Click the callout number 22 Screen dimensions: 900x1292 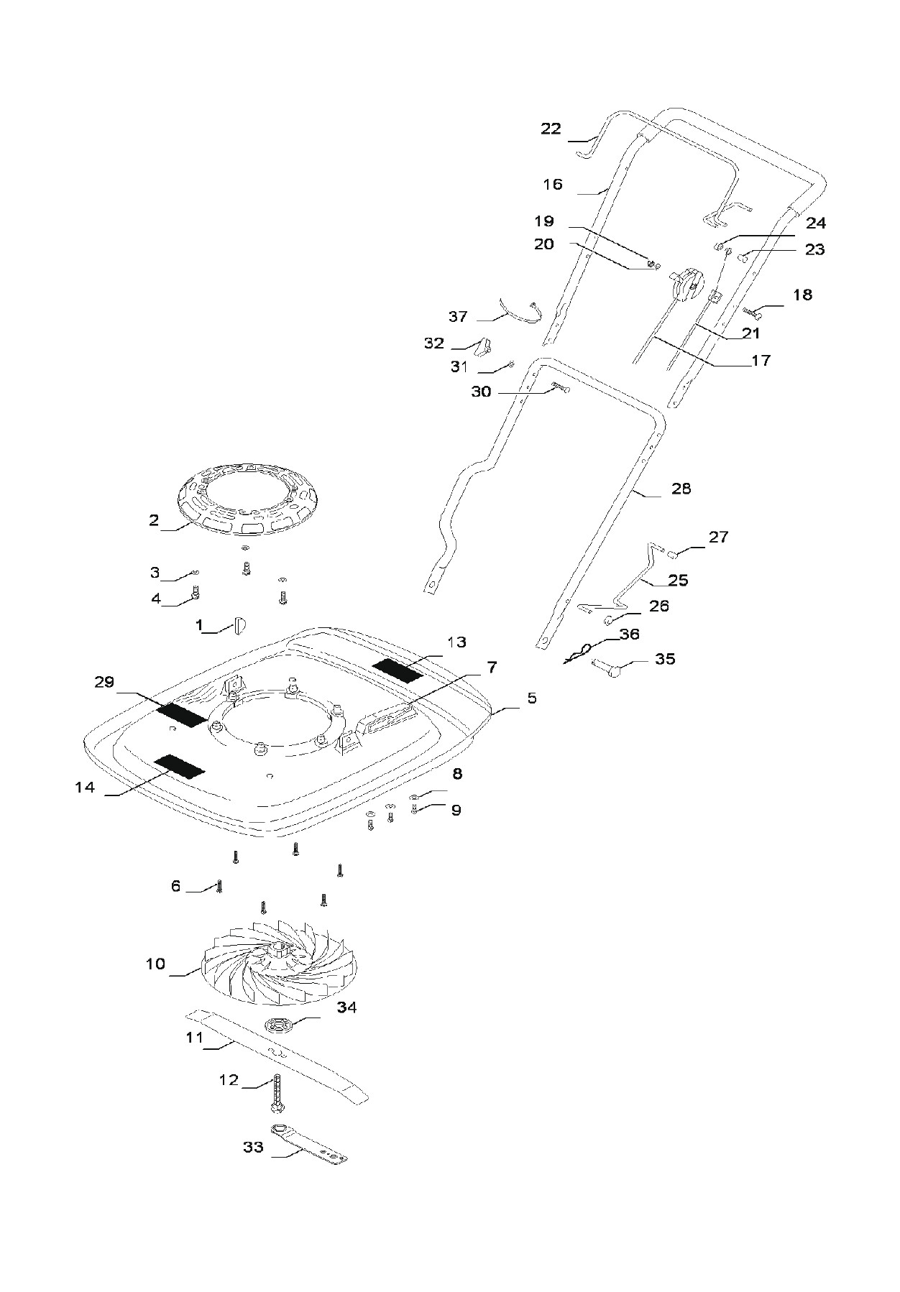[551, 129]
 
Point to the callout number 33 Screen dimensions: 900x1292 [253, 1147]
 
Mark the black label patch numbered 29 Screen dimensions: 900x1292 [183, 714]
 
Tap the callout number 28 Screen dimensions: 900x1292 [681, 489]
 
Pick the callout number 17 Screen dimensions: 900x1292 [761, 361]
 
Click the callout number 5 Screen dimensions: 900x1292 [532, 698]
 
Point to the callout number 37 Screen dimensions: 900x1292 [458, 316]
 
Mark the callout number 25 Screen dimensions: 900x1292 [678, 580]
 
